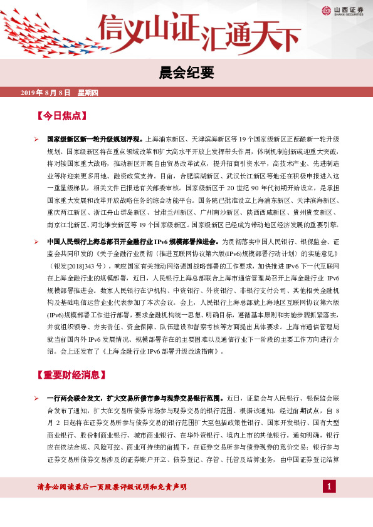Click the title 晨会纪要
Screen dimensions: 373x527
pyautogui.click(x=186, y=73)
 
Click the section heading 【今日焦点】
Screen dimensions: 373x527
pyautogui.click(x=61, y=116)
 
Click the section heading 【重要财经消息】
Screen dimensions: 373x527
pyautogui.click(x=68, y=376)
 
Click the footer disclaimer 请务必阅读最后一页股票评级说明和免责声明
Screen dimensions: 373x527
pyautogui.click(x=112, y=487)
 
